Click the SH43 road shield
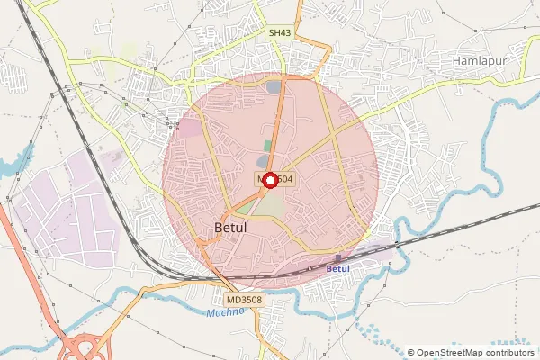[x=280, y=32]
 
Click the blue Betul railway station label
[x=337, y=269]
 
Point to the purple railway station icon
[x=337, y=258]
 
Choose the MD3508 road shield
[x=243, y=300]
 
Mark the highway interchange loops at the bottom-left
[x=87, y=345]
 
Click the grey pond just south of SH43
[x=274, y=86]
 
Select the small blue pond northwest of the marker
[x=262, y=161]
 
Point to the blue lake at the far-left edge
[x=9, y=166]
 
